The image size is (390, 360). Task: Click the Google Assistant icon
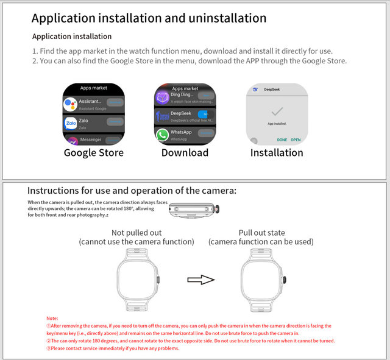pos(70,104)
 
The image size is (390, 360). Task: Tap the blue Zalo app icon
pos(70,124)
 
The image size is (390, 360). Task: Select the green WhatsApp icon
pos(161,134)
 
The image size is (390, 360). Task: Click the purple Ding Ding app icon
pos(161,97)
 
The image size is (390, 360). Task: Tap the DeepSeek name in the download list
pos(182,113)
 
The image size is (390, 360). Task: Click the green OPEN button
pos(296,139)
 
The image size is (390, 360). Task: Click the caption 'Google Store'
pos(94,153)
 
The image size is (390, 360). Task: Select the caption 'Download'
pos(185,153)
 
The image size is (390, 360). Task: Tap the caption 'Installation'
pos(277,153)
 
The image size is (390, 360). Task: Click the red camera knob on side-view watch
pos(219,211)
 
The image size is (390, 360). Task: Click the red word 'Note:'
pos(52,319)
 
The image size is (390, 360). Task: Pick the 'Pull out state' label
pos(261,233)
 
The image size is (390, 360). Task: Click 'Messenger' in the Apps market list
pos(91,139)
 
